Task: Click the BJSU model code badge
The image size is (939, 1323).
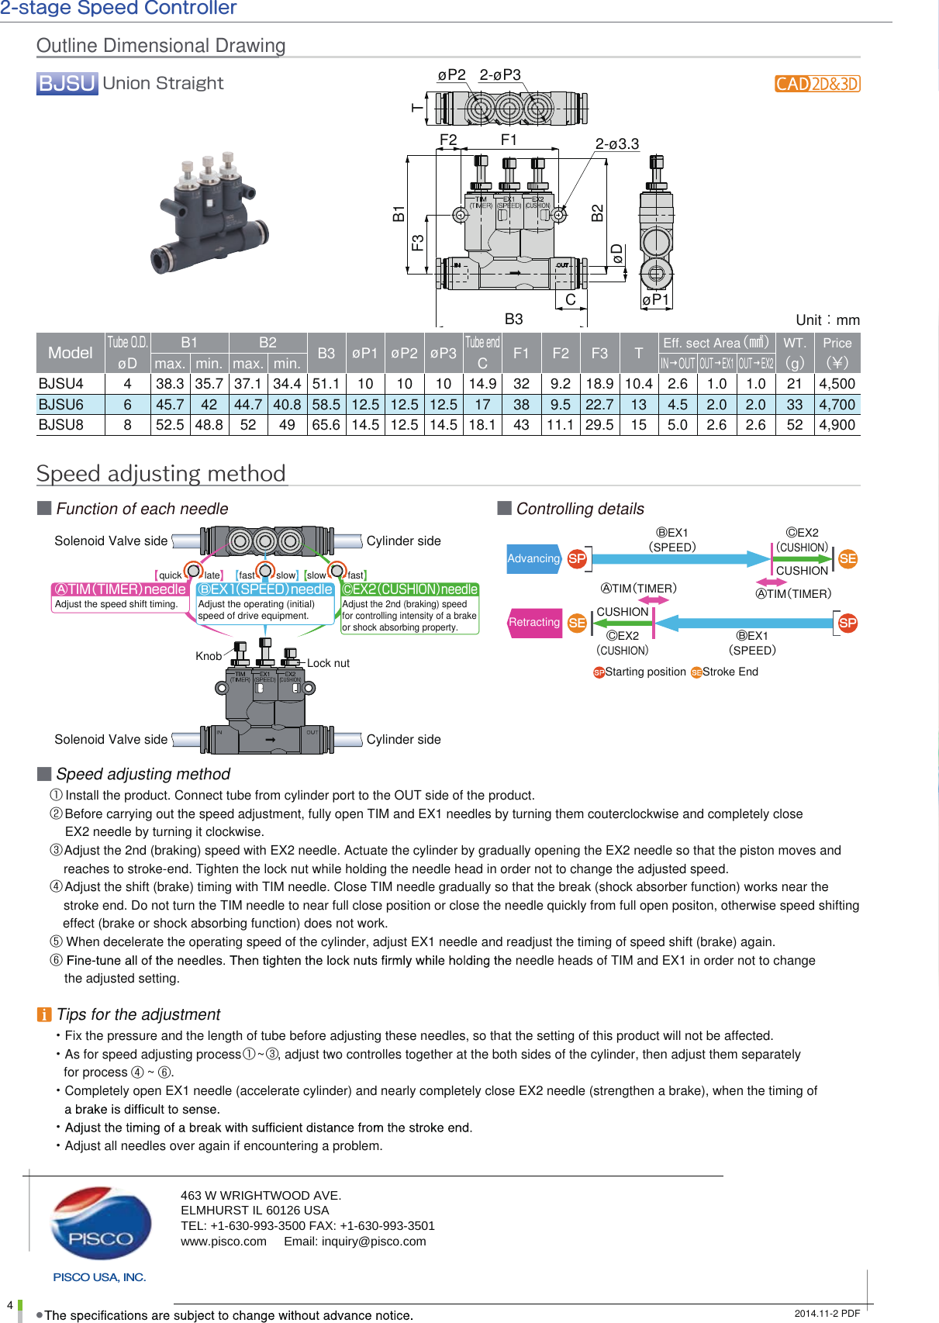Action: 67,83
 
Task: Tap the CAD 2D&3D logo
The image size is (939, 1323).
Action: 817,84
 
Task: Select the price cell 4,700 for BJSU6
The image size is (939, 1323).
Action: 837,405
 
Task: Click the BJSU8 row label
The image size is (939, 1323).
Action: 61,425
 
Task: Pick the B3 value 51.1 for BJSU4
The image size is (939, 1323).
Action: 326,384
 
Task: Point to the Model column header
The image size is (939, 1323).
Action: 70,353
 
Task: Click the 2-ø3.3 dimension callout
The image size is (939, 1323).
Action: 616,144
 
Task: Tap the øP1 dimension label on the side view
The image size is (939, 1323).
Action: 655,300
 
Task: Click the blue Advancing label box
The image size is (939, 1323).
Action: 533,558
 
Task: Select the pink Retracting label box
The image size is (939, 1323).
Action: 534,623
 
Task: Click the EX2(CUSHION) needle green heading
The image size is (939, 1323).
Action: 410,589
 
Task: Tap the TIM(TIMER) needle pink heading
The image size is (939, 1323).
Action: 120,589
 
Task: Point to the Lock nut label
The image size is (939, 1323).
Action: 328,663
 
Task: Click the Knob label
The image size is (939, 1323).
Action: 208,656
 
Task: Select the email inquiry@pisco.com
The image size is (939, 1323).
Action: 354,1242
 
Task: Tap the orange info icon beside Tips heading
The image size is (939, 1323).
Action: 44,1015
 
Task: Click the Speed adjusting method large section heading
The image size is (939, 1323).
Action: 161,473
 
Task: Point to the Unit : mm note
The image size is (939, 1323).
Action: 827,320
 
